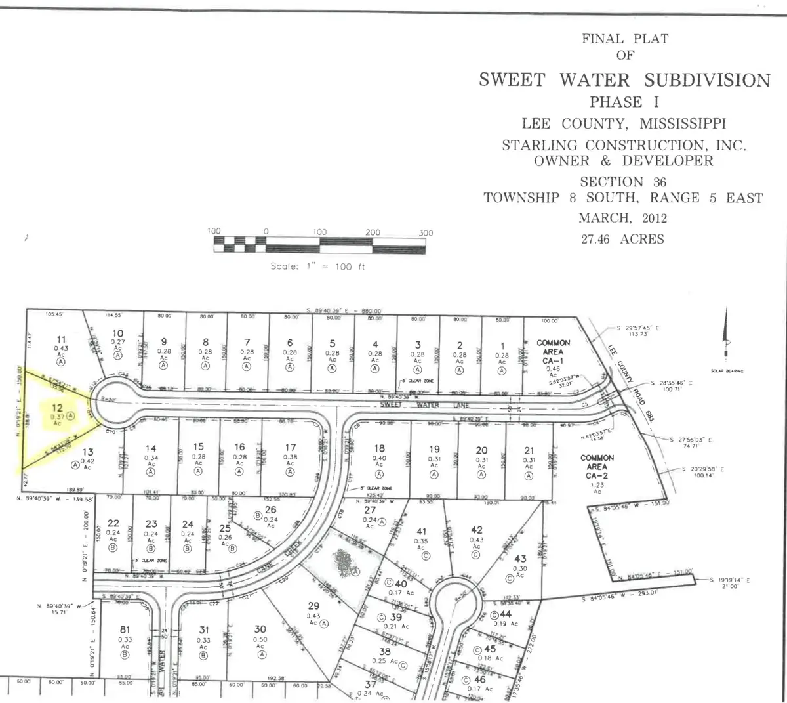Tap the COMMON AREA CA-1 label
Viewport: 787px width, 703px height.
[554, 347]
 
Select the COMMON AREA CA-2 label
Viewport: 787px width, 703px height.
[597, 462]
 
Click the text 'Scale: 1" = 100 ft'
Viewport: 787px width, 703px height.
[318, 266]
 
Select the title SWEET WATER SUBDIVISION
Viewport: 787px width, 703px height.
[624, 80]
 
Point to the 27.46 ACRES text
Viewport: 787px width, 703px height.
[622, 239]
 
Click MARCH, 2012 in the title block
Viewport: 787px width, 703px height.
[622, 217]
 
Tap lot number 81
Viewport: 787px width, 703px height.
[124, 629]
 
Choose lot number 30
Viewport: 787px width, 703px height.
[260, 629]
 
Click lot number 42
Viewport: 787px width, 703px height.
[477, 530]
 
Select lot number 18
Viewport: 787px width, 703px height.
[379, 448]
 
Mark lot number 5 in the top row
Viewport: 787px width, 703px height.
[333, 343]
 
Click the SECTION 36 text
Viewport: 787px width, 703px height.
[622, 182]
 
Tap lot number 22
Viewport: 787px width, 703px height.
[113, 523]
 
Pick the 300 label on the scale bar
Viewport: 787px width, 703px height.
[425, 232]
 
